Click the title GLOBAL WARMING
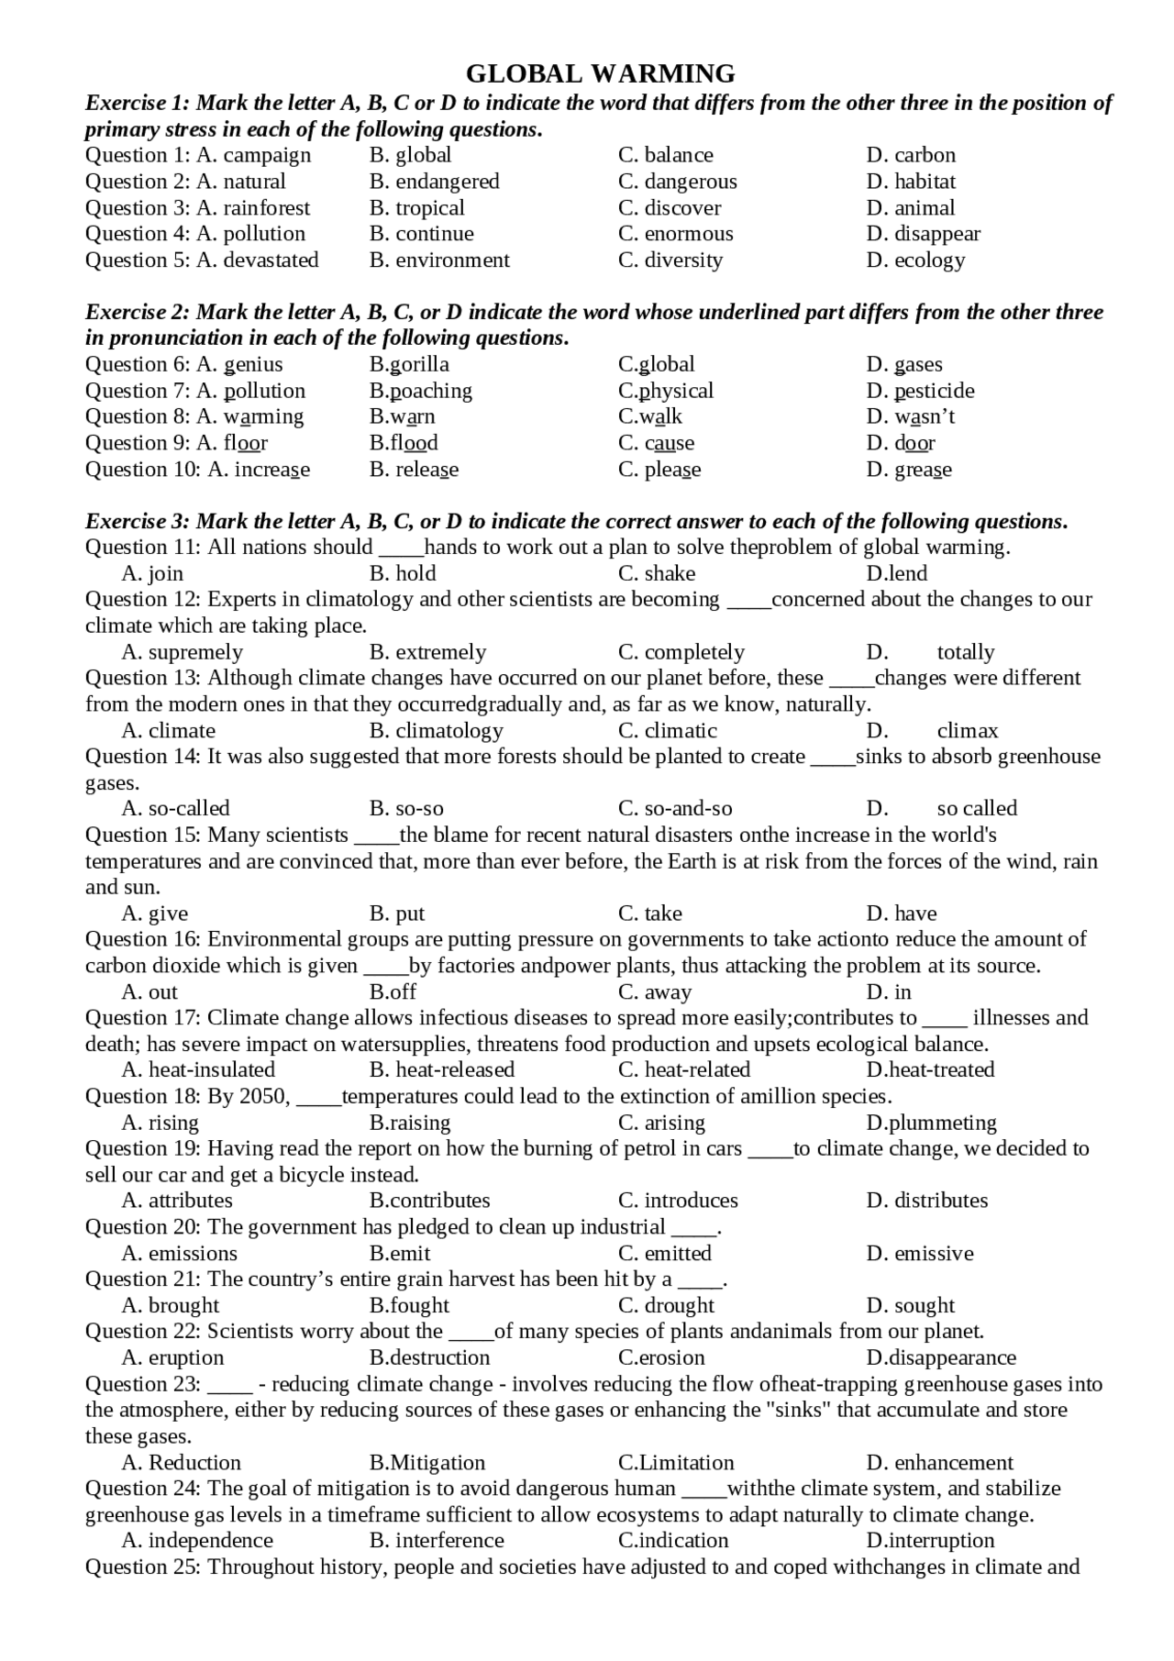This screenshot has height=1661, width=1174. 600,73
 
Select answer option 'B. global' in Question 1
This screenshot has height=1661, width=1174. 410,155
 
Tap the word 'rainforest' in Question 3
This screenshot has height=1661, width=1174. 267,208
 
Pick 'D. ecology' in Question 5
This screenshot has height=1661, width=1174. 915,260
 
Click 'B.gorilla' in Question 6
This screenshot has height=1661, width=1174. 409,365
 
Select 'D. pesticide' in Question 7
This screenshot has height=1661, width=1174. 920,391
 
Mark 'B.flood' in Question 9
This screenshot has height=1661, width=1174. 404,443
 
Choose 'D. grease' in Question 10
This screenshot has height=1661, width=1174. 909,470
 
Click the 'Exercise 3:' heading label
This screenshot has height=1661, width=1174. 137,522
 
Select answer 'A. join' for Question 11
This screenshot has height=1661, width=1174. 152,574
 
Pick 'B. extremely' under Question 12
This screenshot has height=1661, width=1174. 427,653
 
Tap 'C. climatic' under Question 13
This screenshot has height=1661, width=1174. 667,731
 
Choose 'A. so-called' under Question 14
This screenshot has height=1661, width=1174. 175,809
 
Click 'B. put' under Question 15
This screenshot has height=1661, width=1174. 397,914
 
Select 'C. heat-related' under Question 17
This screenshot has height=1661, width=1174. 683,1070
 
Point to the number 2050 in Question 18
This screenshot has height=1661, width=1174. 264,1097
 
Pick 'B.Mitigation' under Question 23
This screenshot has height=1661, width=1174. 427,1463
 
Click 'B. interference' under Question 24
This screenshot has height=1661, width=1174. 437,1541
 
